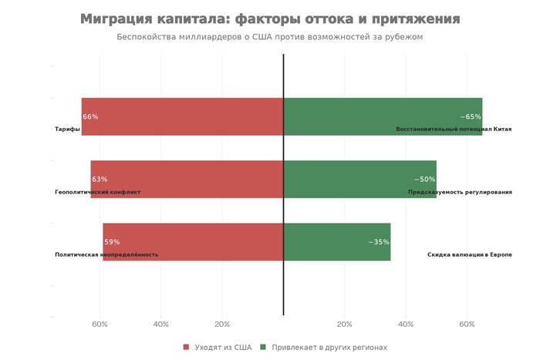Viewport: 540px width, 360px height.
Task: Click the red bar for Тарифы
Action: point(182,116)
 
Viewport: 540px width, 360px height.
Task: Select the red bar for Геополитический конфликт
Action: point(187,179)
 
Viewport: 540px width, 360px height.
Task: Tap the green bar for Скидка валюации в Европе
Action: point(337,241)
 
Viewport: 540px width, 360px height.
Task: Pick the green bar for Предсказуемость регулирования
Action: point(359,179)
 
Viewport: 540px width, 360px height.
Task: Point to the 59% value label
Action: point(112,242)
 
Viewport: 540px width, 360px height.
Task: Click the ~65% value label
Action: point(471,117)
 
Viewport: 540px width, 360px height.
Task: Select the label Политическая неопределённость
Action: point(106,254)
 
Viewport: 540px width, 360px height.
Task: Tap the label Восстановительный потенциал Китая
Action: point(454,130)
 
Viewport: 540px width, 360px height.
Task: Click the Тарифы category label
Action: point(67,130)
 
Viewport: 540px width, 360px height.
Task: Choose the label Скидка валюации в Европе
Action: point(469,254)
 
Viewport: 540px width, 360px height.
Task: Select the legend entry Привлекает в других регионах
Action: point(329,348)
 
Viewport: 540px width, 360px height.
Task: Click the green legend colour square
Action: point(263,348)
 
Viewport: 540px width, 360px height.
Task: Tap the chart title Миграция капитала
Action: point(270,19)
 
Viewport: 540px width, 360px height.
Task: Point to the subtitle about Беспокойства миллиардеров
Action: point(270,37)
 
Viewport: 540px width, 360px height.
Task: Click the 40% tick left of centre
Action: point(161,325)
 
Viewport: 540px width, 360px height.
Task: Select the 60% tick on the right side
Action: point(467,325)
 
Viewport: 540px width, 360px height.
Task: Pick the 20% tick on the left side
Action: point(222,325)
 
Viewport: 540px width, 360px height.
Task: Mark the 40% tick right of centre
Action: point(406,325)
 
